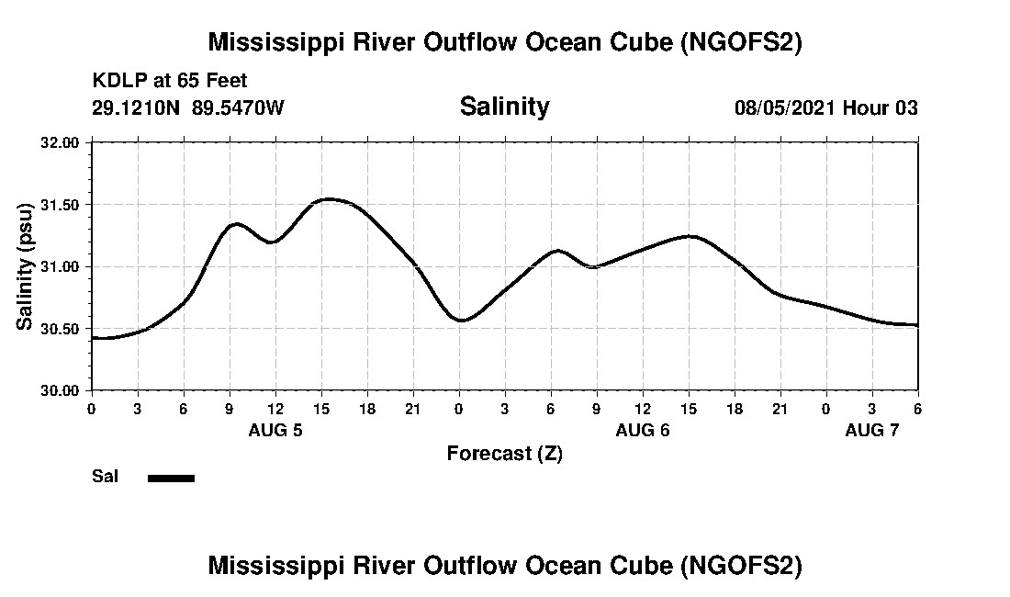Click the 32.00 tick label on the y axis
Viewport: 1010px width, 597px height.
tap(62, 142)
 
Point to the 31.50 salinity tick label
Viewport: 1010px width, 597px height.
tap(62, 205)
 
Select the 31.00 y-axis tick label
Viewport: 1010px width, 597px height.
tap(62, 266)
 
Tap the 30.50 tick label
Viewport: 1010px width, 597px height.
tap(62, 329)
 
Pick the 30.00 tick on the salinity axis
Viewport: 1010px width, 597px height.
tap(62, 390)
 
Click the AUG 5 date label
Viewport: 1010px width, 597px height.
tap(275, 430)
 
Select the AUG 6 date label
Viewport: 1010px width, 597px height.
tap(643, 430)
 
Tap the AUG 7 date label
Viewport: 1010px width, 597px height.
tap(872, 430)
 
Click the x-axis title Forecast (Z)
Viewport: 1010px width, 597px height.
tap(504, 454)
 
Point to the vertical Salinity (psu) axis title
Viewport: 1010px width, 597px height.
tap(25, 266)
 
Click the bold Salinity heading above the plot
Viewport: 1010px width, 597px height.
tap(504, 107)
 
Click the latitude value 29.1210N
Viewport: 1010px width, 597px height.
tap(137, 107)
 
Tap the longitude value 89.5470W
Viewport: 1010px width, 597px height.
tap(238, 107)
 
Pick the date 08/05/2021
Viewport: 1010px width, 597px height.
tap(785, 107)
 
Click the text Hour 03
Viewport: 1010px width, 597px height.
tap(881, 107)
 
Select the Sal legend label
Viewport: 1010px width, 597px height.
tap(105, 477)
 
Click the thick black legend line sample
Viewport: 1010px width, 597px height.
tap(171, 478)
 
